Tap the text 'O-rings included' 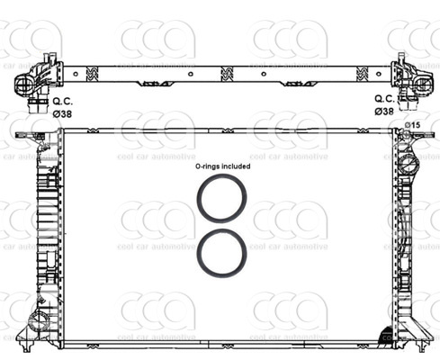coord(223,166)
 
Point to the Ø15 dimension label coord(412,124)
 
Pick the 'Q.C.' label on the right coord(382,98)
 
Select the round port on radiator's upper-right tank coord(409,166)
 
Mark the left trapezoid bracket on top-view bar coord(151,83)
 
